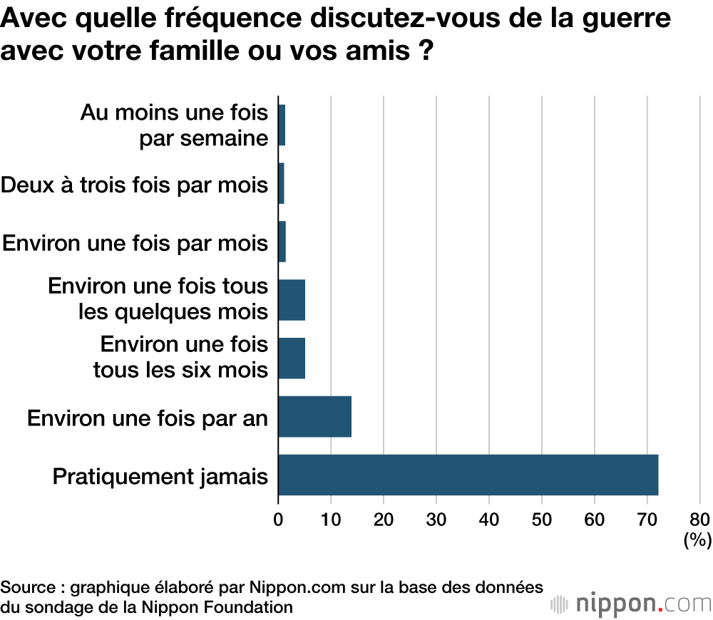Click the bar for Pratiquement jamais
click(x=468, y=475)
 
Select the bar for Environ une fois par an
click(x=314, y=417)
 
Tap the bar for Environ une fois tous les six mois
click(x=292, y=358)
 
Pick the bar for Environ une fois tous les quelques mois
click(x=292, y=300)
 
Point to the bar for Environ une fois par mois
click(x=282, y=242)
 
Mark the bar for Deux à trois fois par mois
click(x=282, y=183)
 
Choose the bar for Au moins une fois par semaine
click(x=282, y=125)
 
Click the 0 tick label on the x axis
click(x=278, y=519)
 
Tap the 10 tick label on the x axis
click(x=331, y=519)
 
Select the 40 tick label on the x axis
click(x=489, y=519)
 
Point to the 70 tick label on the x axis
click(x=647, y=519)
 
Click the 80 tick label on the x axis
click(x=699, y=519)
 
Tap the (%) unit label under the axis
click(x=697, y=540)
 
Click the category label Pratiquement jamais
click(x=160, y=475)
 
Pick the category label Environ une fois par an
click(x=148, y=418)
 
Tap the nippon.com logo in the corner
click(x=631, y=604)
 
